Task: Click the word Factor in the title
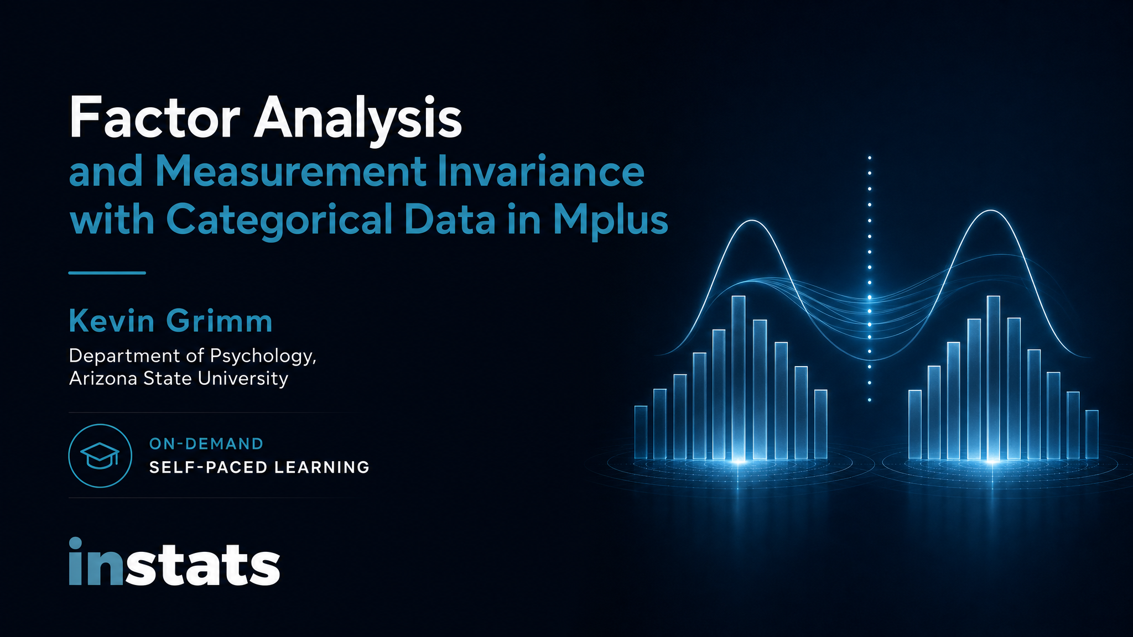[x=154, y=118]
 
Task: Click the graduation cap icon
[x=100, y=456]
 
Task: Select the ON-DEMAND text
[x=206, y=443]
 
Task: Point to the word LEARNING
[x=321, y=467]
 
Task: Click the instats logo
[x=174, y=562]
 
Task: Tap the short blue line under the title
[x=107, y=273]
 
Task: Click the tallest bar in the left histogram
[x=739, y=378]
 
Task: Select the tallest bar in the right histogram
[x=994, y=378]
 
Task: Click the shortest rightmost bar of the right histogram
[x=1092, y=434]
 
